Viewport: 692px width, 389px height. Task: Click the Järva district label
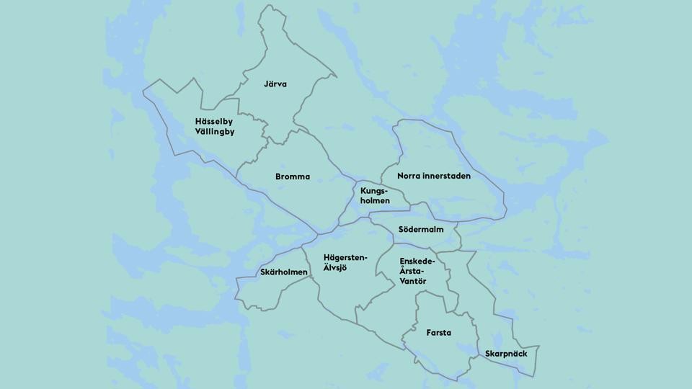[275, 84]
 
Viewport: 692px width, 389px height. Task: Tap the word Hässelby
[214, 121]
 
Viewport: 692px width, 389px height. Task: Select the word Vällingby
[215, 132]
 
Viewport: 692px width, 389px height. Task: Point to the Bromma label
[293, 176]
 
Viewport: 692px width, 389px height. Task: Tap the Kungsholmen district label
[375, 195]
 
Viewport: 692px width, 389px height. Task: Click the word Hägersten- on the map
[346, 257]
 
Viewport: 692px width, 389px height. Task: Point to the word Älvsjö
[335, 268]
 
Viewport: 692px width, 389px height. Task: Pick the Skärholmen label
[284, 272]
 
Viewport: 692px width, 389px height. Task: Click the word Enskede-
[417, 260]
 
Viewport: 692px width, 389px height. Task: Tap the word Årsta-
[413, 270]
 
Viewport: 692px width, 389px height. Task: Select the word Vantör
[413, 280]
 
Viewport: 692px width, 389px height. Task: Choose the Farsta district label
[439, 333]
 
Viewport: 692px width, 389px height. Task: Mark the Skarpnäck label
[507, 354]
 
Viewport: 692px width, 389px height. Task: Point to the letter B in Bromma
[278, 176]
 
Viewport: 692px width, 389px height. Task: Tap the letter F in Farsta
[429, 333]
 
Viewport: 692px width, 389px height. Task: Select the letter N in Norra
[400, 176]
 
